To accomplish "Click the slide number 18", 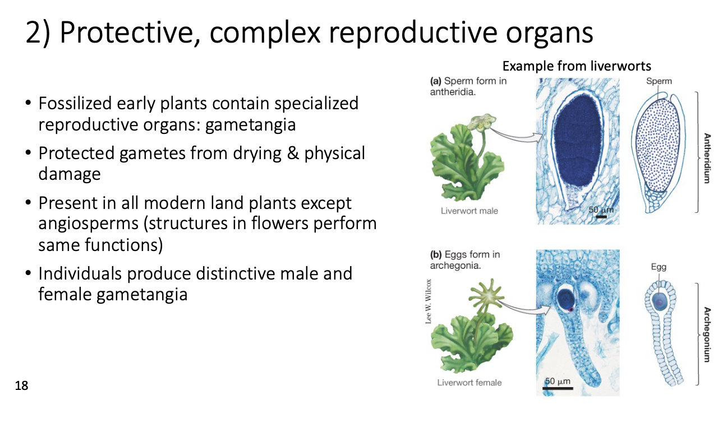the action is pos(21,385).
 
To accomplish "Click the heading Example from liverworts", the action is pos(577,66).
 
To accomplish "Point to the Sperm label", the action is pos(659,81).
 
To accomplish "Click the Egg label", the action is pos(659,267).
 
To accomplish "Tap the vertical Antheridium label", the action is pos(707,158).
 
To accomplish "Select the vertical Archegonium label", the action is pos(707,334).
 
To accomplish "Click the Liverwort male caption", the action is pos(470,211).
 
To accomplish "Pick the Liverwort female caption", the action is pos(470,383).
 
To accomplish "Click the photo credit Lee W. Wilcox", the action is pos(429,301).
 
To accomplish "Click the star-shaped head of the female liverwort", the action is pos(486,296).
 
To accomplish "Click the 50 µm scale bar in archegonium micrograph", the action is pos(558,388).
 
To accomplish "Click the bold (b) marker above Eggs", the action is pos(436,254).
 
